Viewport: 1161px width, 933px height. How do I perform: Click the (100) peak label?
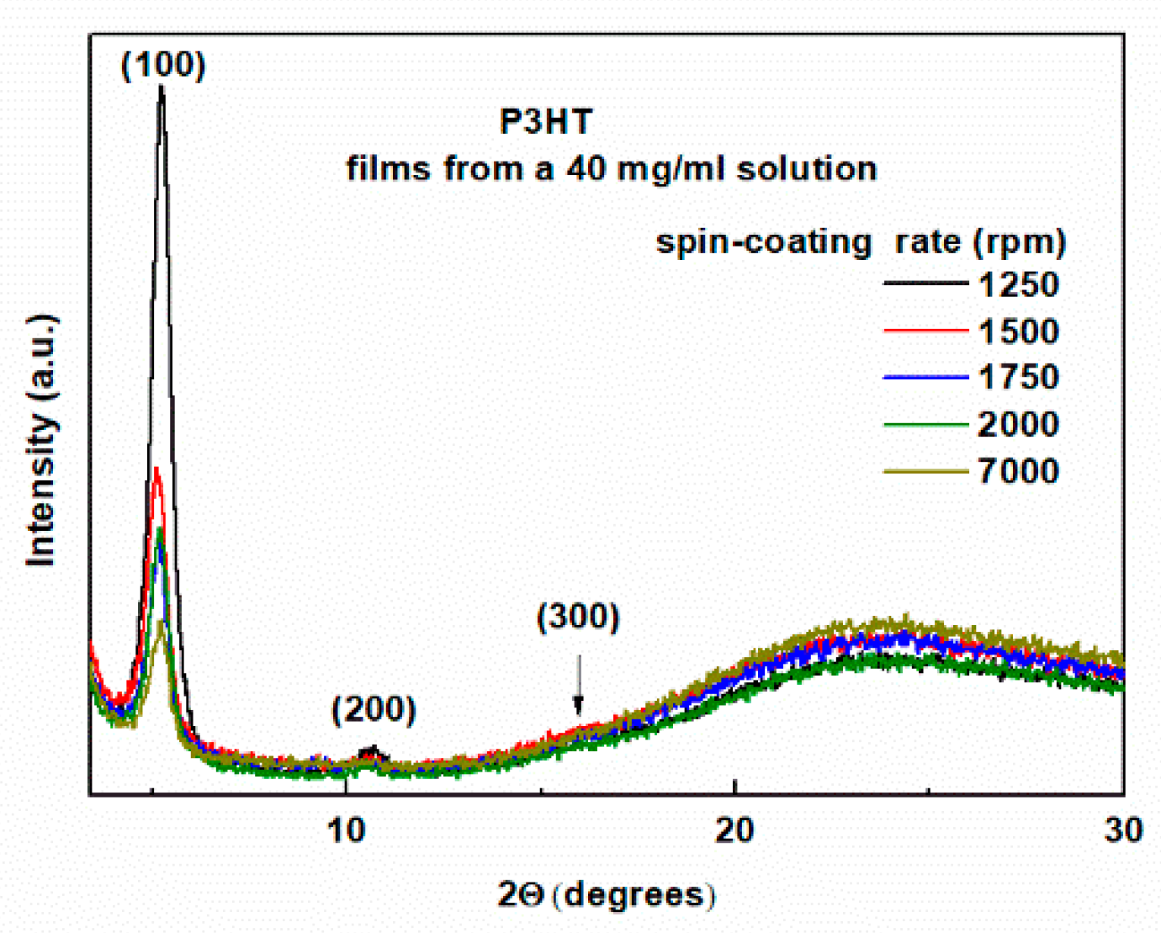coord(163,65)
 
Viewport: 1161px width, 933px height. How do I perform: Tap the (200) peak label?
coord(374,709)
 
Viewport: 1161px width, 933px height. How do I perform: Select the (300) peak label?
coord(578,617)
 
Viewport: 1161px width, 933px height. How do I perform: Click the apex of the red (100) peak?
coord(156,469)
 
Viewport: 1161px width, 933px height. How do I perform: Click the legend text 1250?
coord(1018,285)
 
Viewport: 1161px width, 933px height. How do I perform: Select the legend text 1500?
coord(1018,331)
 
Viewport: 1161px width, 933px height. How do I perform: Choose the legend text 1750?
coord(1018,377)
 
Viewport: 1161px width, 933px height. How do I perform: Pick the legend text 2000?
coord(1018,424)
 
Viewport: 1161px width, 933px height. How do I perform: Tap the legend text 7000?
coord(1018,471)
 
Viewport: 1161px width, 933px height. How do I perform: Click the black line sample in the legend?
coord(925,284)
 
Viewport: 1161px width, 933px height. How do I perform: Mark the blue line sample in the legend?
coord(925,377)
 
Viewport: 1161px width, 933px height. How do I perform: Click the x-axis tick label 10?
coord(346,830)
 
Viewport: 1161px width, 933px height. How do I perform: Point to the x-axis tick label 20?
coord(734,830)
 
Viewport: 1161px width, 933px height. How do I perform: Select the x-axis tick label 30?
coord(1124,830)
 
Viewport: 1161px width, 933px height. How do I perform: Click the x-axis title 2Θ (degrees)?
coord(607,893)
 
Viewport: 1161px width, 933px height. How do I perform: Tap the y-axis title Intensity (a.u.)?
coord(41,440)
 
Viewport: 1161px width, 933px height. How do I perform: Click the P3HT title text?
coord(546,122)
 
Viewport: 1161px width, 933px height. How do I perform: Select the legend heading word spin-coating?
coord(763,242)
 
